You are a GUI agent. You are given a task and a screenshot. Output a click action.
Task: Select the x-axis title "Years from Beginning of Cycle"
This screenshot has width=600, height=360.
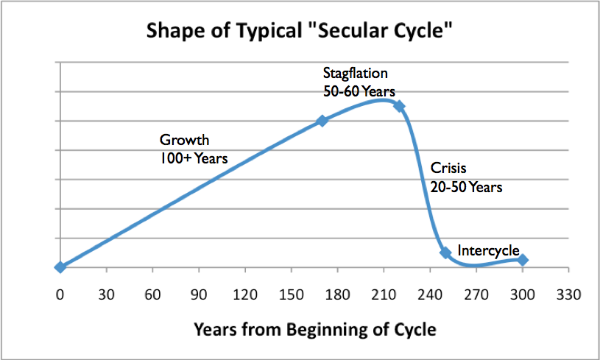point(315,328)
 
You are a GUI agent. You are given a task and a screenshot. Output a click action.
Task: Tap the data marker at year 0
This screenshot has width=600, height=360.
point(60,267)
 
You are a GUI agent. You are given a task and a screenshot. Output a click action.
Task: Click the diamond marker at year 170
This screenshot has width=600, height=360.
point(322,121)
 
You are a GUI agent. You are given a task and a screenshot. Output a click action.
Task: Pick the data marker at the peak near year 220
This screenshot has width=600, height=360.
point(399,106)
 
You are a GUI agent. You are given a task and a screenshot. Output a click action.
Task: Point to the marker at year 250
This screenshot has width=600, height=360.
point(445,253)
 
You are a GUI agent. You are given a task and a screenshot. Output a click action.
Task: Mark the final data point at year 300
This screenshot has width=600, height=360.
point(523,260)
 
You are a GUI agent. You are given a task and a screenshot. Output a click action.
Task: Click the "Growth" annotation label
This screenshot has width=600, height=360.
point(185,140)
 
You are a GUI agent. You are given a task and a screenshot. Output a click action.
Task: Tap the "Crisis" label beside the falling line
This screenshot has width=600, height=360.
point(448,169)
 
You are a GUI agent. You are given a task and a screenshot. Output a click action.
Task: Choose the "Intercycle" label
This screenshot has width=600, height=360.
point(488,250)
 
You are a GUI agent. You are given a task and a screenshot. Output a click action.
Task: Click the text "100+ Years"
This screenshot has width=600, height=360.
point(194,158)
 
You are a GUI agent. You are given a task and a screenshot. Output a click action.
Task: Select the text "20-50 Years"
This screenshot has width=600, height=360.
point(467,187)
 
